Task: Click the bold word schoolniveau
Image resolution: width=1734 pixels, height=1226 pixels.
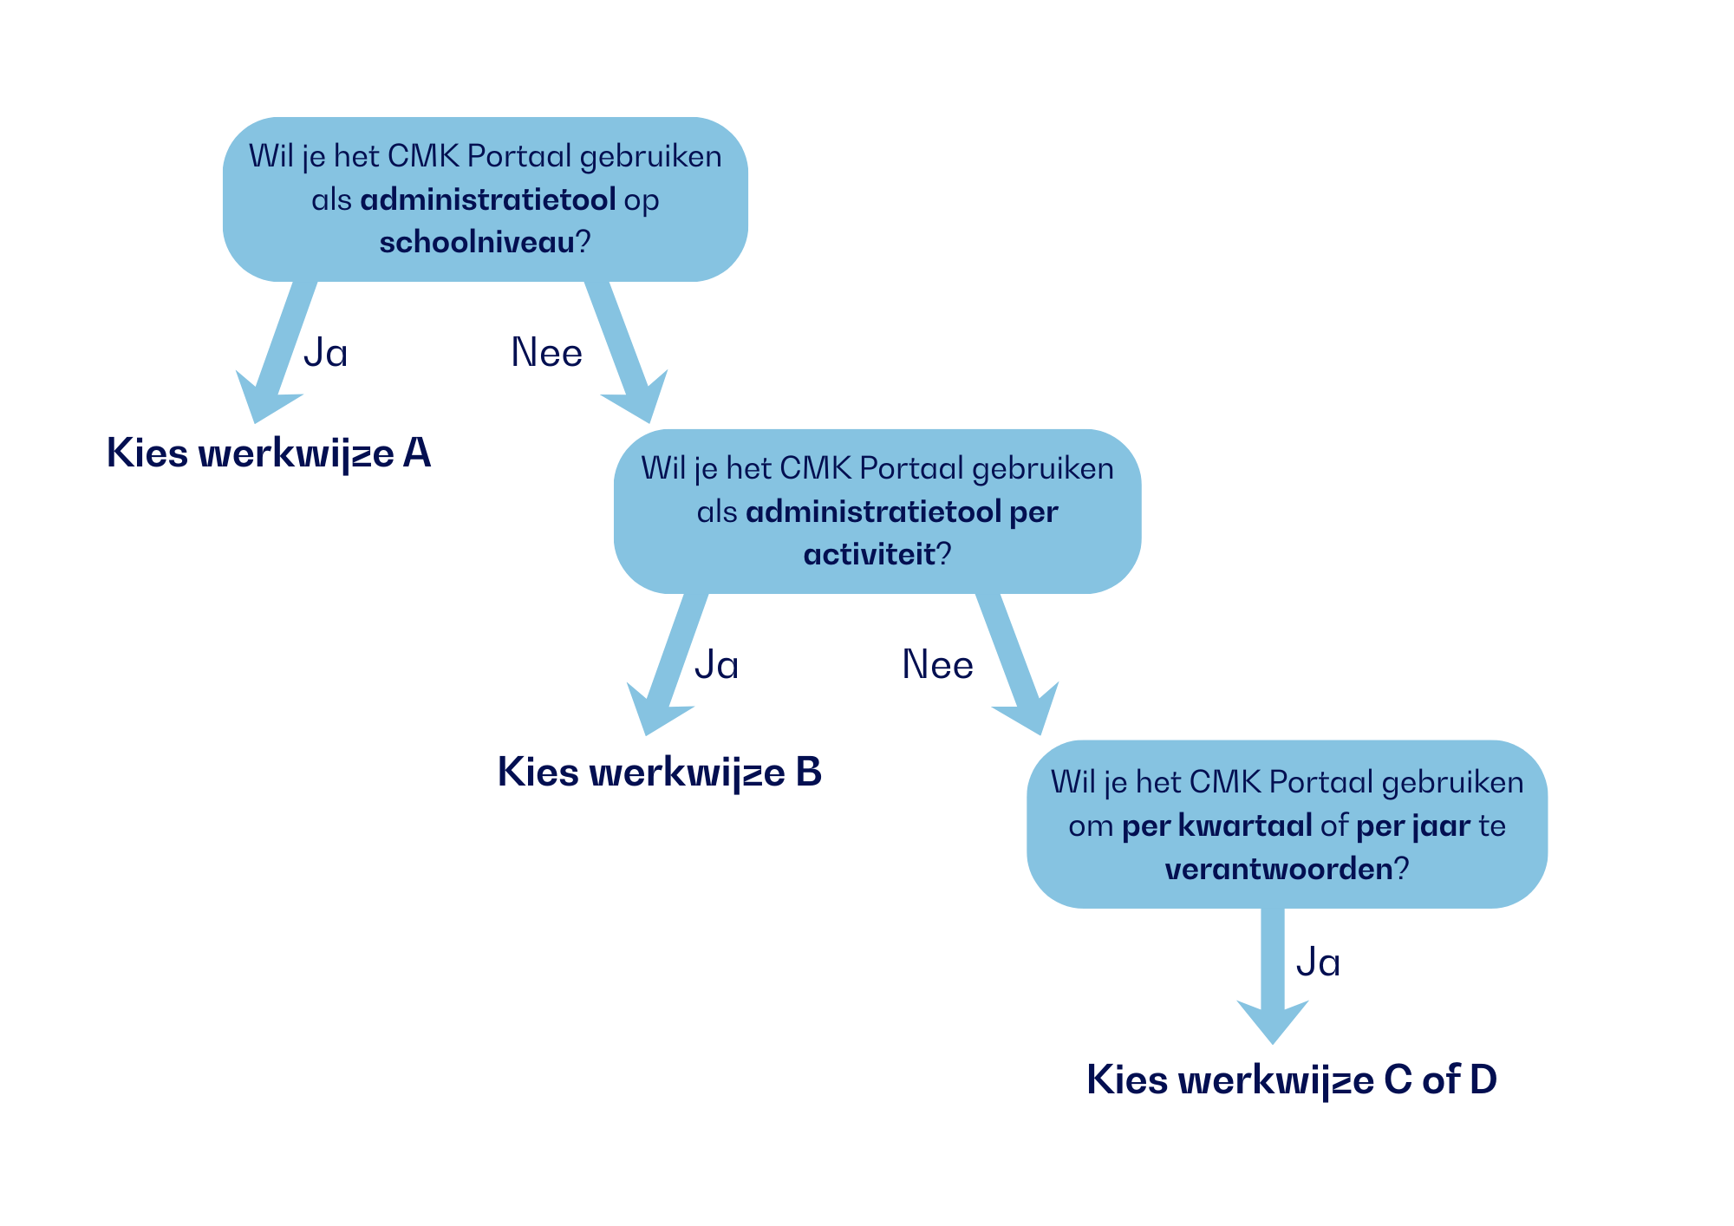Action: click(x=476, y=243)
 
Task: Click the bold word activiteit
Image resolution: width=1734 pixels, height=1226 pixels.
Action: click(x=869, y=555)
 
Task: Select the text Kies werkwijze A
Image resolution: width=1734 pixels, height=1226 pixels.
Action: click(x=269, y=453)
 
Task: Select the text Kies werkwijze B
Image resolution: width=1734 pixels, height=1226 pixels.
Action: click(x=659, y=773)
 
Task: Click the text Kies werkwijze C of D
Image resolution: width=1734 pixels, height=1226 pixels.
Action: click(x=1291, y=1080)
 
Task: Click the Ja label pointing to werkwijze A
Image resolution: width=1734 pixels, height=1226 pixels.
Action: click(x=326, y=353)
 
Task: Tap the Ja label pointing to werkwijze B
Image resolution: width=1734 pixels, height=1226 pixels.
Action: click(x=717, y=665)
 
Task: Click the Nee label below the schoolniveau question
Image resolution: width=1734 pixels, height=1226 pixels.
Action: click(x=546, y=353)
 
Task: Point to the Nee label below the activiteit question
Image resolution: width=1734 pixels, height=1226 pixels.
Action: click(x=937, y=665)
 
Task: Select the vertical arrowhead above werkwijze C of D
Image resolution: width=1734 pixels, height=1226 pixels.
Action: click(x=1272, y=1019)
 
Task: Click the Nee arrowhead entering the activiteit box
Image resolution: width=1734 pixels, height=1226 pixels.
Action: click(x=640, y=399)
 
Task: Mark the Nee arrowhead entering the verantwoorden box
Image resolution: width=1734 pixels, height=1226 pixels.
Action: click(x=1032, y=711)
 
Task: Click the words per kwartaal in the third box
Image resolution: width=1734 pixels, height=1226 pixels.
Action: click(x=1216, y=826)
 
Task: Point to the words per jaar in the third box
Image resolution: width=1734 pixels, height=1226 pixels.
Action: click(x=1412, y=826)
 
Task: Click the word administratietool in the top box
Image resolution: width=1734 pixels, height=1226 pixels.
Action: click(x=487, y=200)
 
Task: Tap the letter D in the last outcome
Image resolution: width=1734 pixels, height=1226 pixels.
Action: click(x=1482, y=1080)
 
